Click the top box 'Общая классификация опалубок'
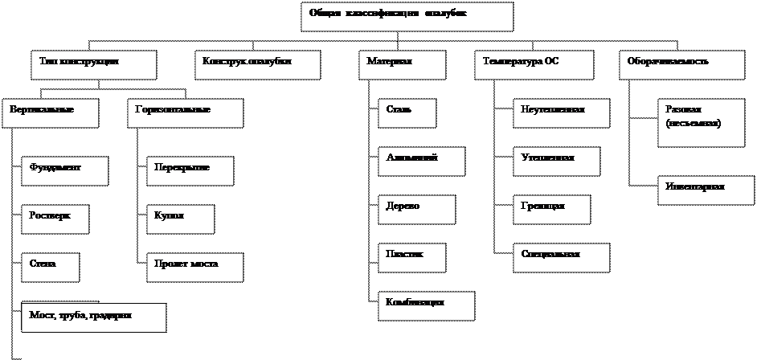407,17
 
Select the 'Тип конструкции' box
93,65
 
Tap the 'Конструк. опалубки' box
257,65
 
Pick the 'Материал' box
401,65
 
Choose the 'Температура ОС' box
534,65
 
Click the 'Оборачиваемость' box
681,65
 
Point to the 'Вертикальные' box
51,113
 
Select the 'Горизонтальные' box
185,113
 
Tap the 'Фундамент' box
63,171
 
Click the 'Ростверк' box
55,219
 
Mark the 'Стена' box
50,268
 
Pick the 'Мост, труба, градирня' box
93,317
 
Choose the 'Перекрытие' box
190,171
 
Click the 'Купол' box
180,219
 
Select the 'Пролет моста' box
194,268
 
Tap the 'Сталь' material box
407,113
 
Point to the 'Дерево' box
416,210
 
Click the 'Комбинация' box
426,306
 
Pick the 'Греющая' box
552,210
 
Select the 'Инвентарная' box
706,190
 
